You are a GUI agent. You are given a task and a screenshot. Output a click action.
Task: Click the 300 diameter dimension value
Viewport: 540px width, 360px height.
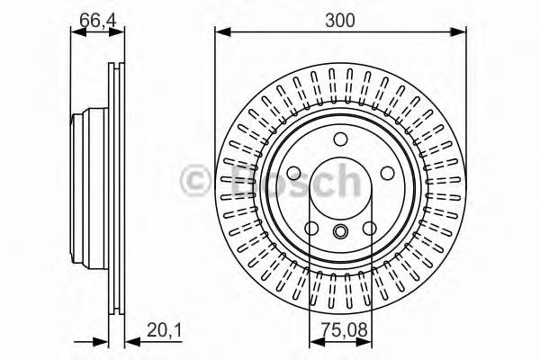click(x=340, y=17)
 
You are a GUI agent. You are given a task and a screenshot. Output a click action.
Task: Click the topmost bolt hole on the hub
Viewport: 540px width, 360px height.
click(x=340, y=139)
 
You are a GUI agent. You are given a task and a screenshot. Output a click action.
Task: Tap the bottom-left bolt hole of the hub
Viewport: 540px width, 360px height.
click(x=311, y=228)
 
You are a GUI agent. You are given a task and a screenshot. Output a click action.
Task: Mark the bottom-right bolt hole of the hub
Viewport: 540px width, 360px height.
click(x=369, y=228)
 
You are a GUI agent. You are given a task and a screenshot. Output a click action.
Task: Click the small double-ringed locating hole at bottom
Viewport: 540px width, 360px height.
click(x=340, y=233)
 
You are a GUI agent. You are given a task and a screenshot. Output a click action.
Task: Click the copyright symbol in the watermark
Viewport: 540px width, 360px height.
click(x=194, y=181)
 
